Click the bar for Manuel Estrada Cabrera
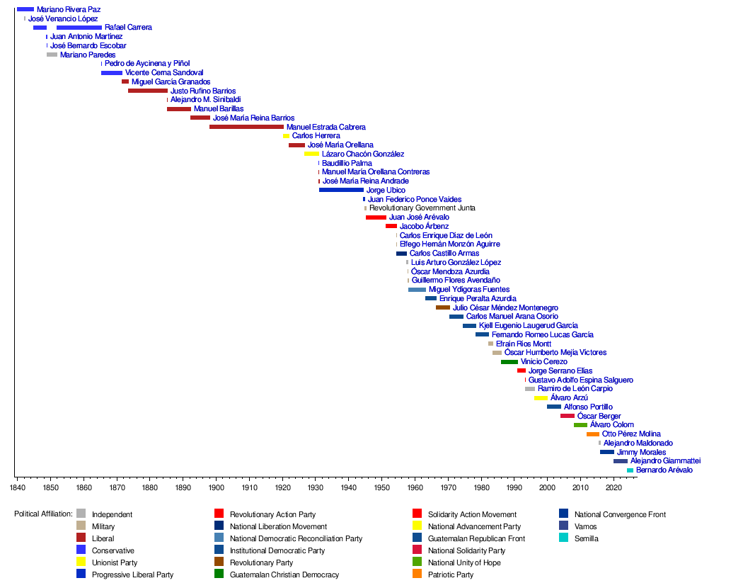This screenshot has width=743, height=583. (x=246, y=127)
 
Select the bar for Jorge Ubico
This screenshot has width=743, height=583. (x=341, y=190)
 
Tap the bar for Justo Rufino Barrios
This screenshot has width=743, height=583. (x=148, y=91)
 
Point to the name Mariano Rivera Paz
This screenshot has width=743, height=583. (x=69, y=9)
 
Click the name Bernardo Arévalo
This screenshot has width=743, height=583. (x=664, y=470)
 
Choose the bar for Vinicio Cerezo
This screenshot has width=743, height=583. (x=509, y=362)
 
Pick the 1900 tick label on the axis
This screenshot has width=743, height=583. (x=216, y=487)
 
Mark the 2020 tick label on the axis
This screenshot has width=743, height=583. (x=614, y=487)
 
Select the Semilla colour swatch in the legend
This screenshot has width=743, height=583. (x=563, y=538)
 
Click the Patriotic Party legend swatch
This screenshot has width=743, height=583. (x=417, y=574)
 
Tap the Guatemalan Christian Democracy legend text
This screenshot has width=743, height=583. (x=284, y=574)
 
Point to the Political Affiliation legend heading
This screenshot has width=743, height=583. (x=43, y=514)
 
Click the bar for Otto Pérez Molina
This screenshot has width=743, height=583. (x=593, y=434)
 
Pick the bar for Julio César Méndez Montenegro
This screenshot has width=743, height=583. (x=443, y=307)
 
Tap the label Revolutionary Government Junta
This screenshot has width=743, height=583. (x=422, y=208)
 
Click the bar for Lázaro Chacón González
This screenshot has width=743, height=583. (x=312, y=154)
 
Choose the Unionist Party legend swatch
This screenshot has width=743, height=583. (x=81, y=562)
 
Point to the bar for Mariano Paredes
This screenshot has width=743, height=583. (x=52, y=55)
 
